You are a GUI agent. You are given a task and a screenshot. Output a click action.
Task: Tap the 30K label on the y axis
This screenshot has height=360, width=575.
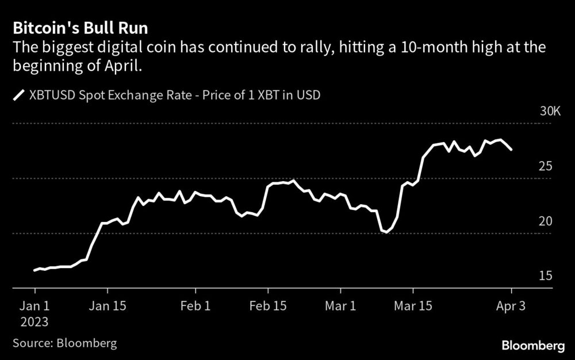click(x=550, y=111)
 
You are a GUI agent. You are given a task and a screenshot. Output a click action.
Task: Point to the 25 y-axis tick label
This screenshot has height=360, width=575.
click(x=545, y=166)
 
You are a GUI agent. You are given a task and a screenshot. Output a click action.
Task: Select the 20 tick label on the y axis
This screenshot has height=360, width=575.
click(x=545, y=221)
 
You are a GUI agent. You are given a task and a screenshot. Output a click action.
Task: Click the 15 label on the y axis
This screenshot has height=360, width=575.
click(x=545, y=277)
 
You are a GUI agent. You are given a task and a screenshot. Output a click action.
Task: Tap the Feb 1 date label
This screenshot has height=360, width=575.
click(x=195, y=305)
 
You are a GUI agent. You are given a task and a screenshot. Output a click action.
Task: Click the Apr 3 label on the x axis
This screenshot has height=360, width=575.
click(x=511, y=305)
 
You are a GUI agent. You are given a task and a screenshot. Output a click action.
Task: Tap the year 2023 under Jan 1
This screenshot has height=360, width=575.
click(x=36, y=321)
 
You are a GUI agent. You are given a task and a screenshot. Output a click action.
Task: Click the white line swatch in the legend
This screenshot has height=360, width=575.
click(x=19, y=95)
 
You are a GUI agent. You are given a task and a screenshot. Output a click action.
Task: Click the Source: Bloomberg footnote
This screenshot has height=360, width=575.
click(x=65, y=343)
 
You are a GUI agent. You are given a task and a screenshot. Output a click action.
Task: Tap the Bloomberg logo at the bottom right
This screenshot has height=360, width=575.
click(x=533, y=345)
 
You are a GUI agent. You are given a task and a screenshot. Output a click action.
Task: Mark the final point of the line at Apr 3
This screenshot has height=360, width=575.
click(x=511, y=150)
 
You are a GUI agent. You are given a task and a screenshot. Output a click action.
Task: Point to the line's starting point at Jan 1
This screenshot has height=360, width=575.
click(x=34, y=270)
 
